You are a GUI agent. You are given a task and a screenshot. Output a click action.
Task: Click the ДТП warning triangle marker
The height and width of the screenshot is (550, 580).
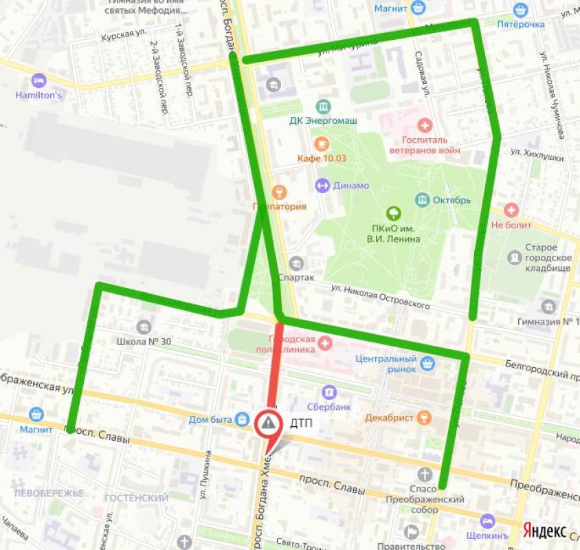269,424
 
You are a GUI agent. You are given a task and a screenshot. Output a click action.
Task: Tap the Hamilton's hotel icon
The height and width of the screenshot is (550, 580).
38,80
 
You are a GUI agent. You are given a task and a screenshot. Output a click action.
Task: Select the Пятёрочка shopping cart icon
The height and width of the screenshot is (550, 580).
520,10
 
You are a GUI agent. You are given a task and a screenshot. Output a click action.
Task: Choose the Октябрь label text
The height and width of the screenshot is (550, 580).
451,200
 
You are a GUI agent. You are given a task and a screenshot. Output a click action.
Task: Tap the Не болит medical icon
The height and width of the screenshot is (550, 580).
511,210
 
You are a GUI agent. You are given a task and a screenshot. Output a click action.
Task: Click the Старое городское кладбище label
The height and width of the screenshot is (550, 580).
546,257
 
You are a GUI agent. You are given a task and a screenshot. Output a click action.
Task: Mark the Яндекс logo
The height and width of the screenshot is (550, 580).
544,530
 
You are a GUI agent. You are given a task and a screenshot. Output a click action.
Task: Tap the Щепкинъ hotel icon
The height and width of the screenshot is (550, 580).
487,520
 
